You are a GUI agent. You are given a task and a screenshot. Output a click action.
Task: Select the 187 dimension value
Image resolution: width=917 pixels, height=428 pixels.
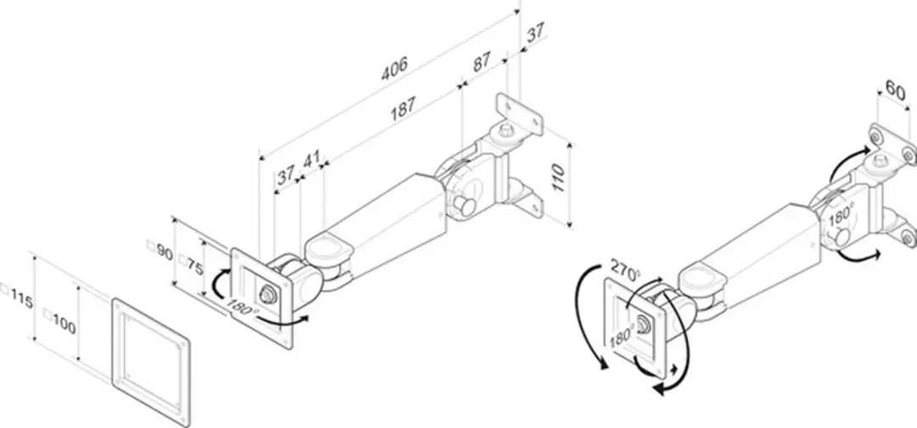coord(403,108)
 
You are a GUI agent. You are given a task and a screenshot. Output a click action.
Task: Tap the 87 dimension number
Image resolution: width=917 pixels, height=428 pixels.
coord(481,62)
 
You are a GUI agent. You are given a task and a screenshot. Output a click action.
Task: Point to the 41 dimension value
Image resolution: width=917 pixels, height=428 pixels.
coord(312,160)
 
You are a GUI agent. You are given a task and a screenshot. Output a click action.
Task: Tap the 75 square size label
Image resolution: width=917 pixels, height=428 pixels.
coord(191,266)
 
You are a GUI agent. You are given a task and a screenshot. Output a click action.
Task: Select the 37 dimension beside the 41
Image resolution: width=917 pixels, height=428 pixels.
coord(286,174)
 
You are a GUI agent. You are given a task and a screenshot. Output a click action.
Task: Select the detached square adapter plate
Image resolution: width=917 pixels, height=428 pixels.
coord(151,359)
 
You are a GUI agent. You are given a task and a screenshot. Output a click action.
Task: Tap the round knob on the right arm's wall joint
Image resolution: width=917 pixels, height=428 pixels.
coord(843,237)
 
